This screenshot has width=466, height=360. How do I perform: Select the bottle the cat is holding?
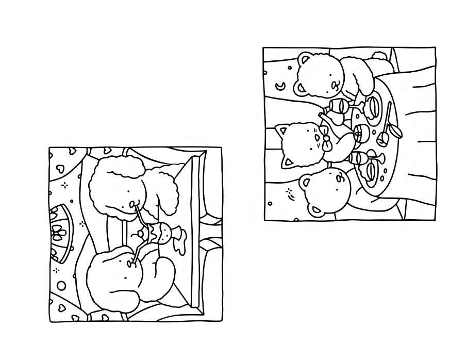click(334, 118)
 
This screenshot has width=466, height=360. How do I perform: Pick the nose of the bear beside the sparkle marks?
click(339, 178)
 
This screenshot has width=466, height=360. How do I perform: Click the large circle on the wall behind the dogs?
click(61, 286)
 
